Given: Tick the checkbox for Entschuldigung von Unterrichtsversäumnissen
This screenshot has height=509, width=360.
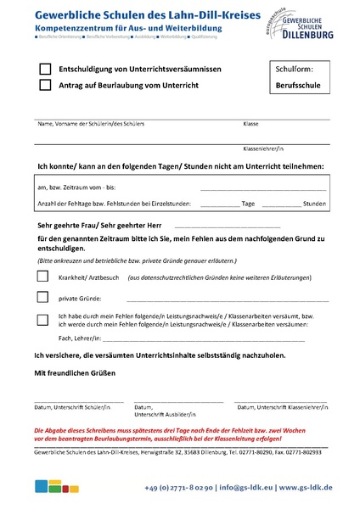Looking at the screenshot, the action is click(45, 69).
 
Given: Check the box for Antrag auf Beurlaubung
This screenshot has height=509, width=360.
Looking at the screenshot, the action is click(45, 85).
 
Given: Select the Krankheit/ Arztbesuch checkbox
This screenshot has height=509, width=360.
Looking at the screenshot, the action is click(42, 277).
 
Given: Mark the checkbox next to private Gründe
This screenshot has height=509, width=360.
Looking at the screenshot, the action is click(42, 298).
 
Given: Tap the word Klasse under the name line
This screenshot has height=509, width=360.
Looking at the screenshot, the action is click(250, 124).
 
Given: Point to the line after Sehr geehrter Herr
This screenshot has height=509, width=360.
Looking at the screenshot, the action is click(227, 227).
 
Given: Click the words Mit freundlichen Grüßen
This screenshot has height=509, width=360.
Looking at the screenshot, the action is click(74, 372).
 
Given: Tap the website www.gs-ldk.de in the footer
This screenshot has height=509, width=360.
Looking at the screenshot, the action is click(306, 488).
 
